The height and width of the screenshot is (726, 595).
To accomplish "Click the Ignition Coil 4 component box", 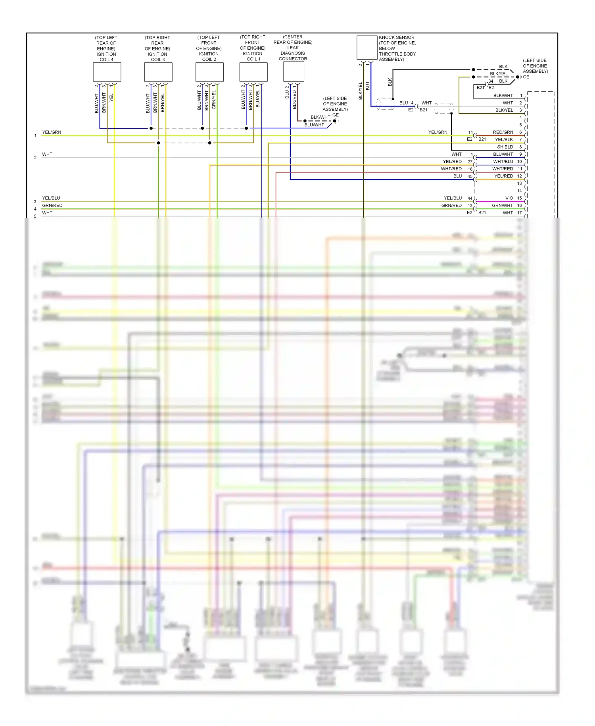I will (107, 72).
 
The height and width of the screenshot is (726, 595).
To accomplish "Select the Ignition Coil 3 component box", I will (158, 72).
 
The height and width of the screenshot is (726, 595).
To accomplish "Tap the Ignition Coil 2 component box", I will (209, 72).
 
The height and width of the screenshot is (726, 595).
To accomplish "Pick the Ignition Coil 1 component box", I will (253, 72).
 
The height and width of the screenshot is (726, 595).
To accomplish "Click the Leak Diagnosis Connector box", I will (294, 71).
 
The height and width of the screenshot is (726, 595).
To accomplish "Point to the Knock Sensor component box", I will (367, 47).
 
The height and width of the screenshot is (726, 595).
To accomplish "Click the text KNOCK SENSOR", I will (396, 37).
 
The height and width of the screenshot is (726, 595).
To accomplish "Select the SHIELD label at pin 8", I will (505, 147).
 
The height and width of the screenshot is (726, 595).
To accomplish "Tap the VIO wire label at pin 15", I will (509, 198).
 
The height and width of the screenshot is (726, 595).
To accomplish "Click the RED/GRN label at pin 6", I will (503, 132).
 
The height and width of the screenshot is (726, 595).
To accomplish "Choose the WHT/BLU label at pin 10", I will (503, 162).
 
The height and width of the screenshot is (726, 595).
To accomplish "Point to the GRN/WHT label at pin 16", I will (502, 205).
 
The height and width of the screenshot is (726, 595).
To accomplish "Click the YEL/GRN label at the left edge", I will (52, 132).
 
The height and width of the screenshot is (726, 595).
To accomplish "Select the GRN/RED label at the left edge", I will (52, 205).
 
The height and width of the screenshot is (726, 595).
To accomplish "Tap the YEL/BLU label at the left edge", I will (51, 198).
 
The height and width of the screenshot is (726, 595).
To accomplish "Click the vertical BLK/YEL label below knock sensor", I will (361, 91).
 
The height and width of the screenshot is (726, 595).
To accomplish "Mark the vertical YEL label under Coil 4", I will (111, 97).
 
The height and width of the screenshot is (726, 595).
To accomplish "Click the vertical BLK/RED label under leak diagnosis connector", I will (294, 100).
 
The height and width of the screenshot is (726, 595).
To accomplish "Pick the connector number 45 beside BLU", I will (470, 176).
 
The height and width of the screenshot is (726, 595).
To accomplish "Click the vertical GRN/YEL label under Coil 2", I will (214, 100).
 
